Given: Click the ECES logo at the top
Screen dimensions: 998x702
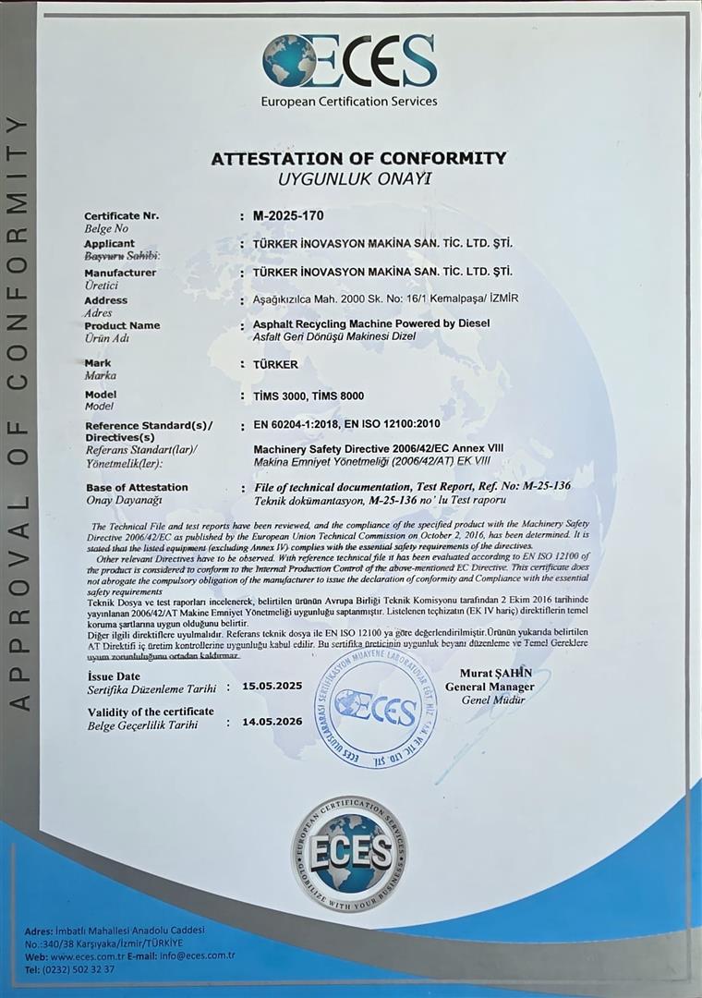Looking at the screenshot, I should [x=349, y=60].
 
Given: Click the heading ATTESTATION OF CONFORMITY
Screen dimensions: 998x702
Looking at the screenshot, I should [x=358, y=158].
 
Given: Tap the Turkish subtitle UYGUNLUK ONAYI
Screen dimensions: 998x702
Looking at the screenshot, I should [x=355, y=177].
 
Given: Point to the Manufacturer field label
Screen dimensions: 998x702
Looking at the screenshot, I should [x=120, y=273].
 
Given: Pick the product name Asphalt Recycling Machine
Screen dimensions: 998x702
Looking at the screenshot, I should [x=371, y=323].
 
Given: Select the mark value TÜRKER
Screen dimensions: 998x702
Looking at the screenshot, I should [x=275, y=364].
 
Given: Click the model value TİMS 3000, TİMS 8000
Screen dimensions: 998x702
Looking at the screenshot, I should [x=309, y=396].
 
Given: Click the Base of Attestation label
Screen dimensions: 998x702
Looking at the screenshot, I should [x=137, y=487].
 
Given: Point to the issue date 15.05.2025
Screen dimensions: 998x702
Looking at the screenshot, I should [x=272, y=687].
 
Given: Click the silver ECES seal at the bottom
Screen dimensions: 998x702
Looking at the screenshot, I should [x=350, y=853].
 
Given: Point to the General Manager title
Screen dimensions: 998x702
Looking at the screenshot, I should [x=490, y=687].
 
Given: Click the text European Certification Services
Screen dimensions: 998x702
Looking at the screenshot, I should [x=349, y=101].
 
